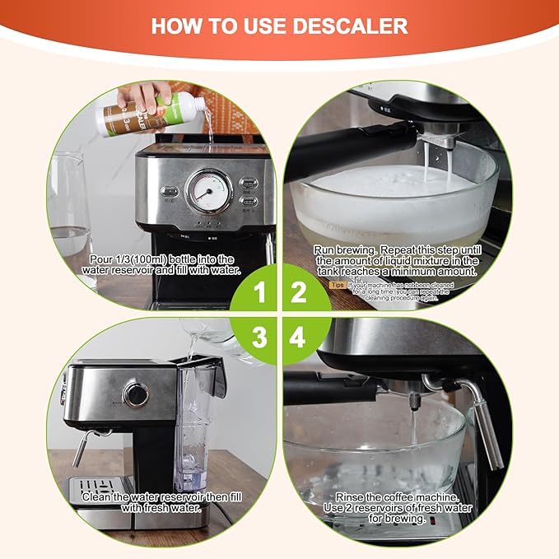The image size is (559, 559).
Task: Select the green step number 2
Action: [300, 291]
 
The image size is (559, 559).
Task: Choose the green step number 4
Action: [300, 337]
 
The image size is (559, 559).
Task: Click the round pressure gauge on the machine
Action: [208, 191]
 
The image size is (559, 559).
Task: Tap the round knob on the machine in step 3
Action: [136, 394]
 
